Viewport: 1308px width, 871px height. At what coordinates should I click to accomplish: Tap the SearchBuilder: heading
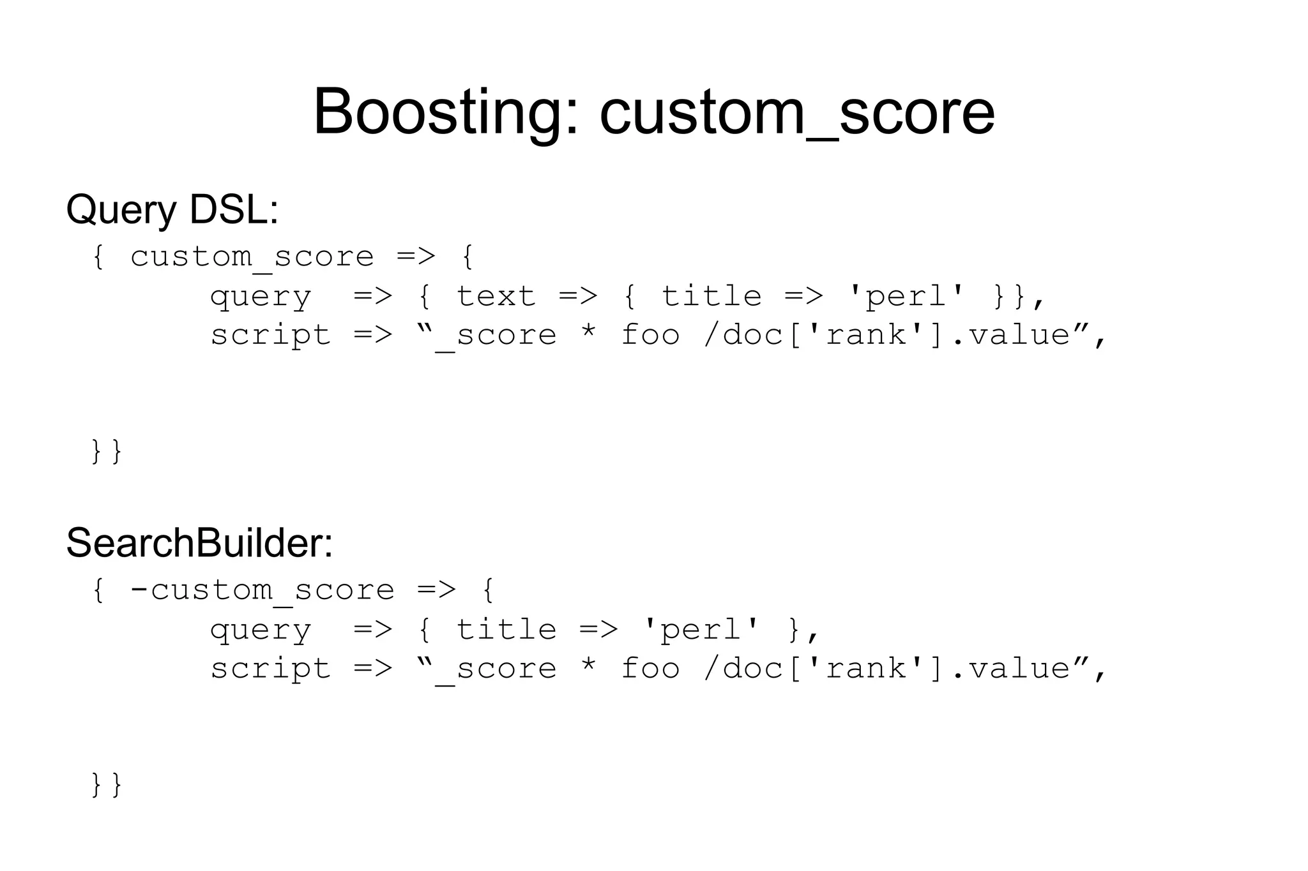[x=199, y=543]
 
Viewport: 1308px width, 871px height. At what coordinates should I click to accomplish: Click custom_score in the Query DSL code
[x=252, y=257]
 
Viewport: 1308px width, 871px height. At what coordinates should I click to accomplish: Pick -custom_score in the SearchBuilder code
[x=262, y=590]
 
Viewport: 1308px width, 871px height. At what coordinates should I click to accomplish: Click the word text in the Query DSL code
[x=496, y=297]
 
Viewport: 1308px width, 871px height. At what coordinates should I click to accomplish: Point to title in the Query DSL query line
[x=711, y=297]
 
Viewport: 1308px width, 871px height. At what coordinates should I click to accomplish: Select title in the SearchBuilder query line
[x=506, y=630]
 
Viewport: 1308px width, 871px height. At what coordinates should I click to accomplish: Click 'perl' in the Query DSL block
[x=906, y=297]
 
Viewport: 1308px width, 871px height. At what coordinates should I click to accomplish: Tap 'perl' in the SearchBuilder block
[x=701, y=630]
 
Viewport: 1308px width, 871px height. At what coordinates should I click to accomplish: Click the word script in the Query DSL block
[x=271, y=336]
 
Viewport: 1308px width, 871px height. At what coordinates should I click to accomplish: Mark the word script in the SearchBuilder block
[x=271, y=669]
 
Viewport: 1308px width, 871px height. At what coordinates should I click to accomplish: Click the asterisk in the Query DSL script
[x=588, y=333]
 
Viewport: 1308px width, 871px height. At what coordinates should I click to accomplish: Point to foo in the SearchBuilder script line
[x=650, y=669]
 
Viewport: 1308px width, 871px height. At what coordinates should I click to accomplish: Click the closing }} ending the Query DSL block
[x=107, y=451]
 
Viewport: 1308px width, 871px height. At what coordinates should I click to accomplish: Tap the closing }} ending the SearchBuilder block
[x=107, y=785]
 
